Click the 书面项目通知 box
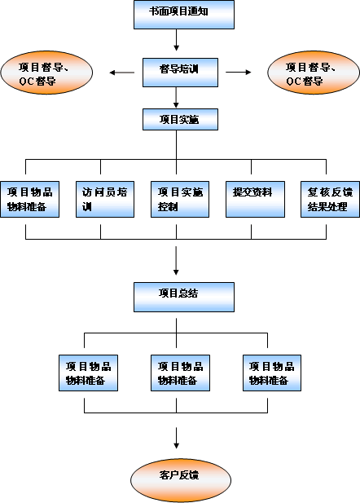click(184, 15)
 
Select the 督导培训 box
click(180, 73)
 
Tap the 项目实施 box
click(180, 119)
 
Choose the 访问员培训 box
click(105, 199)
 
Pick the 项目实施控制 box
click(180, 199)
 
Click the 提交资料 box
click(255, 199)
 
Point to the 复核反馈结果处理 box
click(330, 199)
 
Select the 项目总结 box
click(184, 297)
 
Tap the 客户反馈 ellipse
click(181, 480)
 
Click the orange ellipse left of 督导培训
click(46, 73)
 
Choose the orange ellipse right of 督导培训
click(314, 73)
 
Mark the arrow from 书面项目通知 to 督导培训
click(176, 40)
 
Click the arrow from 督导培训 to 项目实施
click(176, 98)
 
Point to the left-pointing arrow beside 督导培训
click(122, 73)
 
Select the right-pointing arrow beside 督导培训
click(239, 73)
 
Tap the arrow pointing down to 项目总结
click(176, 261)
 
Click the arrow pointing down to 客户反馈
click(176, 438)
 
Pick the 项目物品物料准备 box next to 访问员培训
click(30, 199)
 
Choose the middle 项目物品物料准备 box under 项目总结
click(180, 373)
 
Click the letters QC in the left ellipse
click(26, 82)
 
